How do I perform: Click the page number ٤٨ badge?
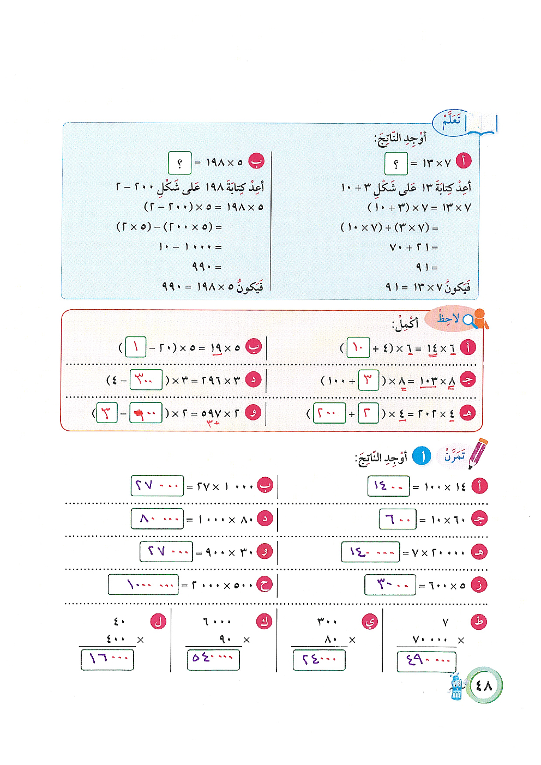484,685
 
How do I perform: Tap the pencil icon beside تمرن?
478,453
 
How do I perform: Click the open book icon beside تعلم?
483,124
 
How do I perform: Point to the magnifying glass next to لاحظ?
468,320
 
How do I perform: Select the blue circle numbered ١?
422,456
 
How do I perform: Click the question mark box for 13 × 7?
395,163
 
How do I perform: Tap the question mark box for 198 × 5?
179,162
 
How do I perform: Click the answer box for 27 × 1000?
157,485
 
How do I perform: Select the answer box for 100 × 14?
388,486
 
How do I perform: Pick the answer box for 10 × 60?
398,519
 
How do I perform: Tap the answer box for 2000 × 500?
143,585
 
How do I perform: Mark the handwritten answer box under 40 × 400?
107,659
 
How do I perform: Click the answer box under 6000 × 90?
213,659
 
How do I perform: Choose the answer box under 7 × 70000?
426,661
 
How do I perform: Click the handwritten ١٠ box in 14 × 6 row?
358,347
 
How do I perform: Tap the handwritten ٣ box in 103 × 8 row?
368,380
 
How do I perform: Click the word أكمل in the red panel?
405,324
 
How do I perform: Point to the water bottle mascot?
456,687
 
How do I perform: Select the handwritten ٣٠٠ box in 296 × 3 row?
146,380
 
